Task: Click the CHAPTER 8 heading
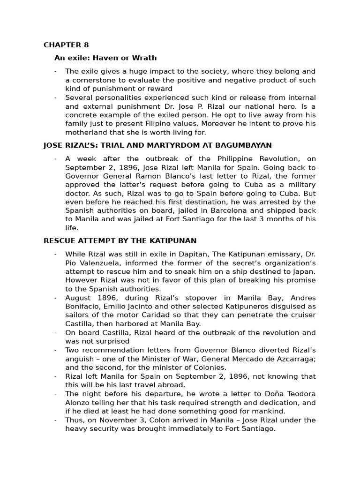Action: (x=66, y=45)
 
